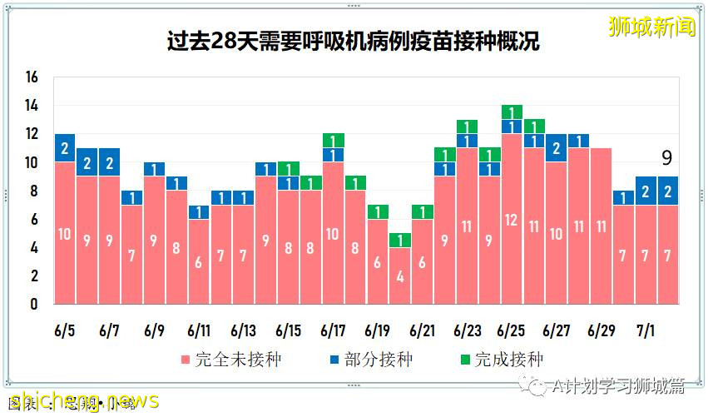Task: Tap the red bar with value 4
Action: pyautogui.click(x=400, y=276)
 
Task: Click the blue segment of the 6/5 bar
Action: pyautogui.click(x=64, y=148)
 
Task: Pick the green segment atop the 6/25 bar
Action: pyautogui.click(x=512, y=112)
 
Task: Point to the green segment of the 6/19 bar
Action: pyautogui.click(x=378, y=211)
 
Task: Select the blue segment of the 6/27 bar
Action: pyautogui.click(x=557, y=148)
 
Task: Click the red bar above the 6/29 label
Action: pyautogui.click(x=601, y=226)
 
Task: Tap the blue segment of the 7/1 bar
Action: pyautogui.click(x=646, y=191)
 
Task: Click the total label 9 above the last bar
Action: pyautogui.click(x=666, y=158)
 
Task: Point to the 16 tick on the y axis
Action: pyautogui.click(x=32, y=77)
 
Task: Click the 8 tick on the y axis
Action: pyautogui.click(x=33, y=191)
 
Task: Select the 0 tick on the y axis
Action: pyautogui.click(x=33, y=305)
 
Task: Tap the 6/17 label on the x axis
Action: pyautogui.click(x=333, y=330)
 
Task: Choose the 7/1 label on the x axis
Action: pyautogui.click(x=646, y=330)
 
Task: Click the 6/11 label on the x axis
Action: pyautogui.click(x=199, y=330)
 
